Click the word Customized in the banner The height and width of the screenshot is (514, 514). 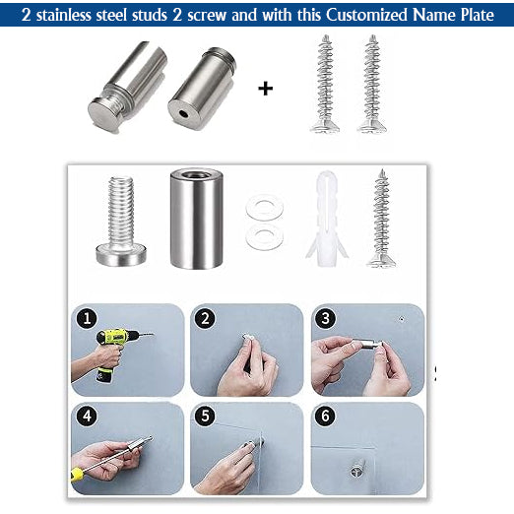[x=367, y=15]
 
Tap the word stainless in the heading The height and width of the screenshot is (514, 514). [x=64, y=15]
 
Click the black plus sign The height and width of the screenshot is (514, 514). [x=265, y=89]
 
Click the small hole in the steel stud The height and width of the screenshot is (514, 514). [x=183, y=114]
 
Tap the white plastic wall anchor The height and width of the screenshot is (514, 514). [x=326, y=219]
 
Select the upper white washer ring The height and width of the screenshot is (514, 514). [x=265, y=208]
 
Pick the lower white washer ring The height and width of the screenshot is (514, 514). [x=265, y=236]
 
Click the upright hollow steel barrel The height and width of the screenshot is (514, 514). [x=196, y=219]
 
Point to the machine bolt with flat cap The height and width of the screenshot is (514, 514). [x=121, y=221]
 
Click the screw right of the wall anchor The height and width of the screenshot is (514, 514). [x=381, y=219]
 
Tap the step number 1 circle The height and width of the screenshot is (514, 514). [x=87, y=318]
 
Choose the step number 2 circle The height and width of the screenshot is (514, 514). [x=205, y=318]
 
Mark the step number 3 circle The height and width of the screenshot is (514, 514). [x=325, y=318]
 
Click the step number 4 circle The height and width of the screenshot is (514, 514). [x=87, y=416]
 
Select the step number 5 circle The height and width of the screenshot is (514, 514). [x=205, y=416]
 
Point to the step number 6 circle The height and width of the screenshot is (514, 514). [x=325, y=416]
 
